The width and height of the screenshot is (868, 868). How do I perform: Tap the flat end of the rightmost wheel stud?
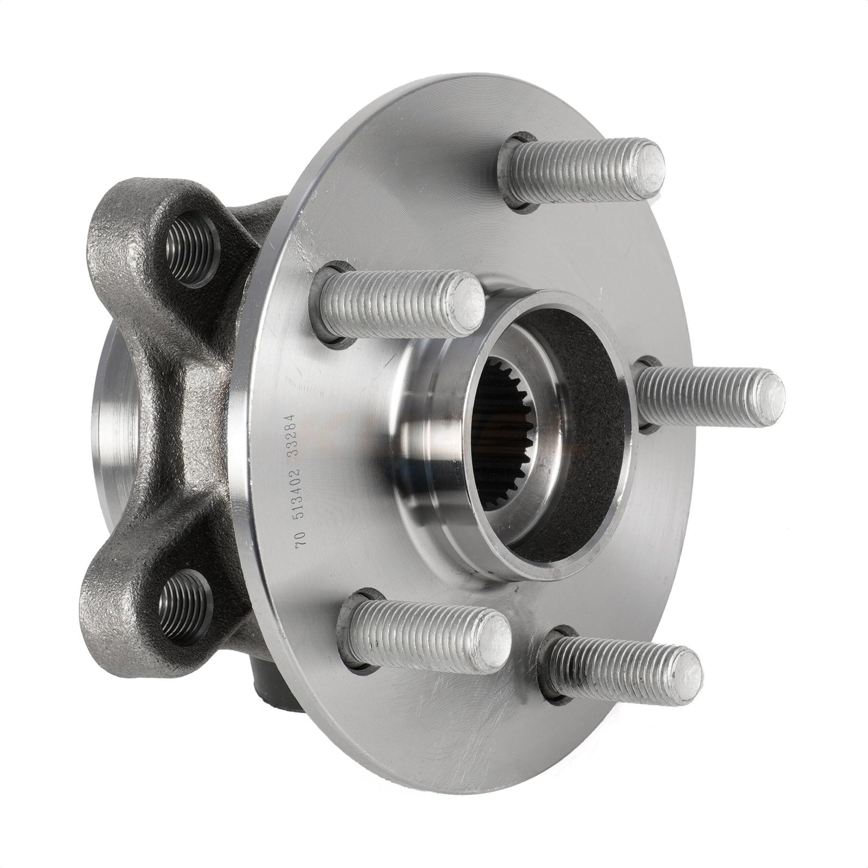click(x=769, y=392)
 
